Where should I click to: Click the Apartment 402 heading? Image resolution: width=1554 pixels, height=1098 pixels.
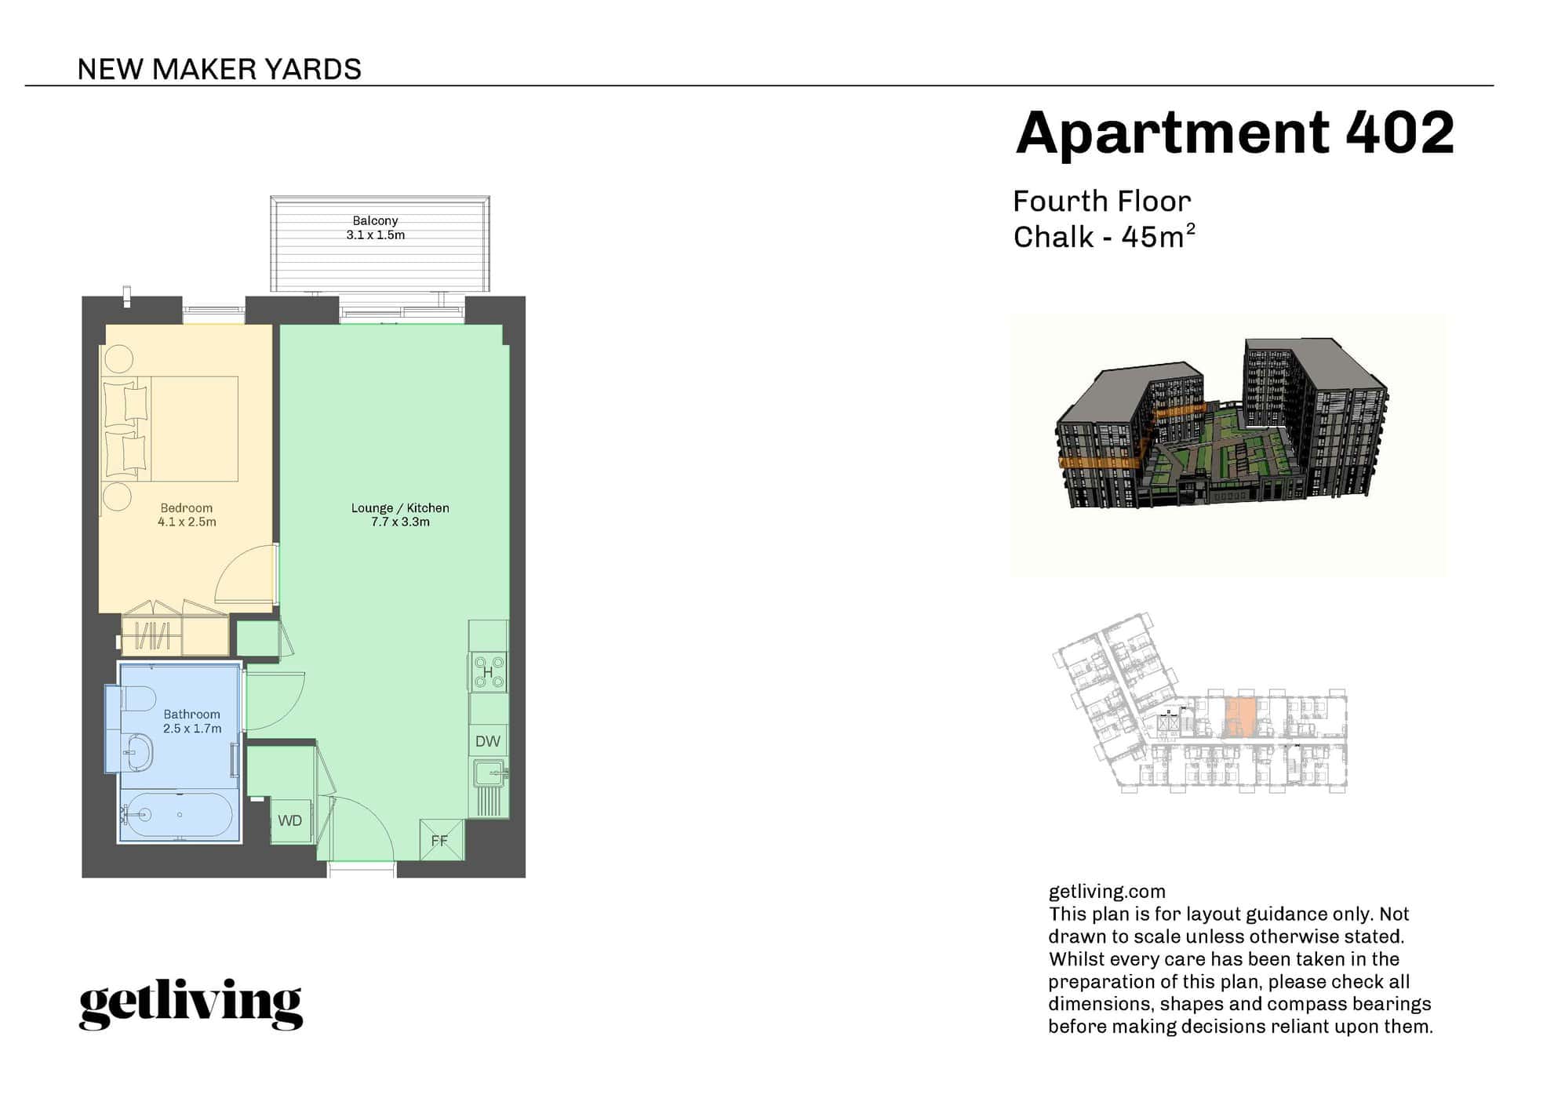click(x=1234, y=133)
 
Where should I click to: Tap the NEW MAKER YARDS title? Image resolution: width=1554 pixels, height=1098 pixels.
click(x=219, y=69)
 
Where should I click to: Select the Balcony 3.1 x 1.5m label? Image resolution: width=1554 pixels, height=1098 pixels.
click(x=375, y=228)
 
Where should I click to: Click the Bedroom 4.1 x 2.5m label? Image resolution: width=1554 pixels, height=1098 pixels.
click(x=187, y=514)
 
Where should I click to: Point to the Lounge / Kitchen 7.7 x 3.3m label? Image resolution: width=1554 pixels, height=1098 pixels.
click(x=400, y=514)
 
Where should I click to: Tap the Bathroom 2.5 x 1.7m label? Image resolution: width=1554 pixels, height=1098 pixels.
click(x=192, y=721)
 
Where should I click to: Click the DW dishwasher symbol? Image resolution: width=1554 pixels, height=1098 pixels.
click(x=488, y=741)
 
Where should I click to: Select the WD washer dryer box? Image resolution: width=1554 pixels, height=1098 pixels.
click(x=290, y=820)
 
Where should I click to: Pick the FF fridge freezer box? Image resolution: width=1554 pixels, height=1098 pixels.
click(x=440, y=840)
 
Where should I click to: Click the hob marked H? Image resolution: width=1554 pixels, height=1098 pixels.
click(x=488, y=672)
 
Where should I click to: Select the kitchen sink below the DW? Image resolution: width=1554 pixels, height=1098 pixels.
click(x=489, y=774)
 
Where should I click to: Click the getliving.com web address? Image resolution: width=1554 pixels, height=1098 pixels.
click(x=1106, y=891)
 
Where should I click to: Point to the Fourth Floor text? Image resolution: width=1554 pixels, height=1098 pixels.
click(x=1101, y=202)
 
